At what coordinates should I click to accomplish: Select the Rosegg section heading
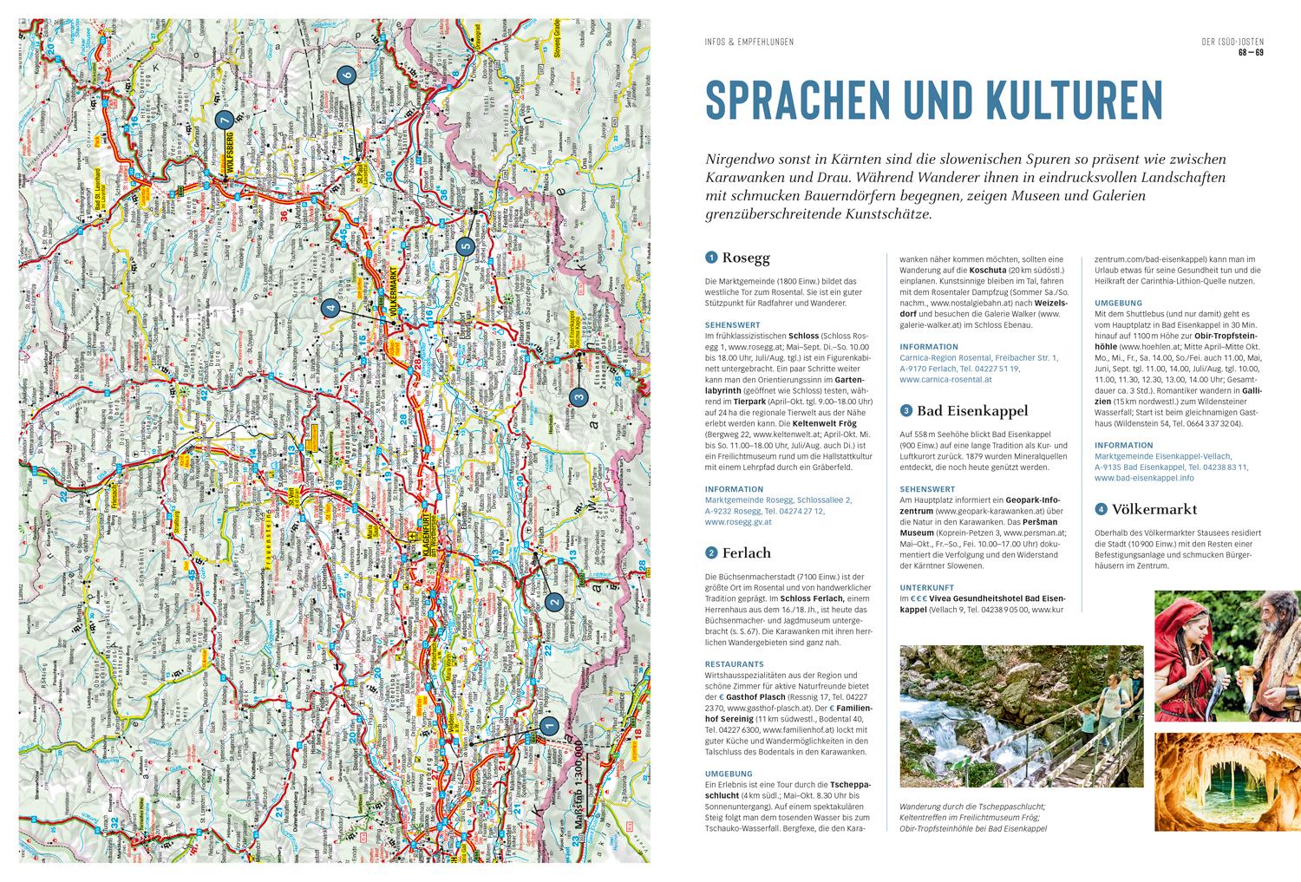click(x=745, y=258)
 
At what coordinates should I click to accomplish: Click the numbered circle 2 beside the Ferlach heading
click(x=712, y=552)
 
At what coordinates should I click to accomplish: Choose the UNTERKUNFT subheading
click(x=928, y=587)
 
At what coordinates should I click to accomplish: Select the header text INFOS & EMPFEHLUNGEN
click(x=749, y=42)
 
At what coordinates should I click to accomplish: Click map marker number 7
click(x=223, y=120)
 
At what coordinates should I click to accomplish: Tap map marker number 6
click(x=346, y=75)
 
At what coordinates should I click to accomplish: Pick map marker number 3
click(x=579, y=397)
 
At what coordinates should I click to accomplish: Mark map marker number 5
click(x=465, y=246)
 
